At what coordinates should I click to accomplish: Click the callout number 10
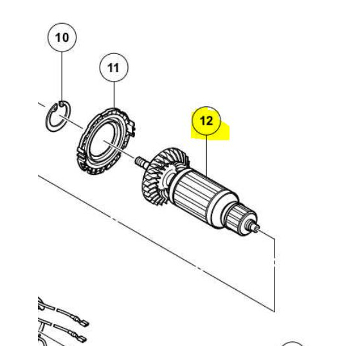(62, 38)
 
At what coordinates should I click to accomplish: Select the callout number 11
(114, 67)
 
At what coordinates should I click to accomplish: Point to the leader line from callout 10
(62, 74)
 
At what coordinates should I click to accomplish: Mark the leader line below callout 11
(114, 94)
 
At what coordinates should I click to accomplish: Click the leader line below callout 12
(206, 154)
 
